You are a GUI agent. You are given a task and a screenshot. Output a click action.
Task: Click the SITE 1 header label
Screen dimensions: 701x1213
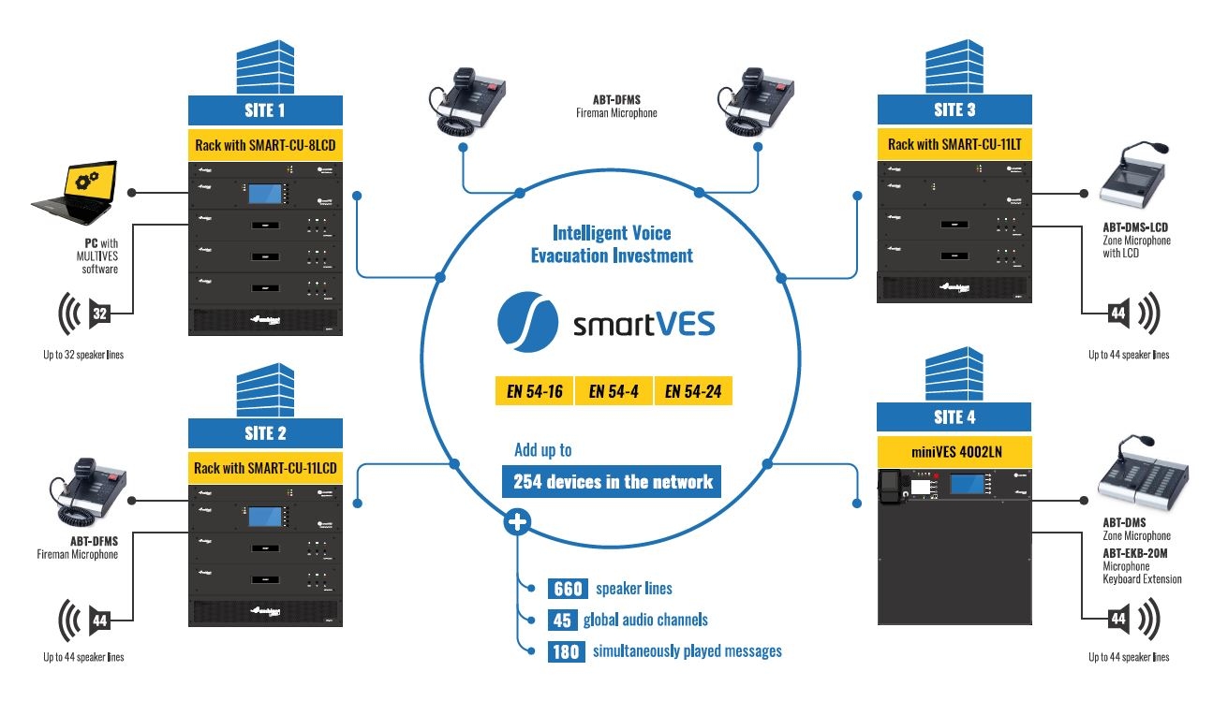point(265,111)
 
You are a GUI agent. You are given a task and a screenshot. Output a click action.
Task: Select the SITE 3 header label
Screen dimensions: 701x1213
point(954,110)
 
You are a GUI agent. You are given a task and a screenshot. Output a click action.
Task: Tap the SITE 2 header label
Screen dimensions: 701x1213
point(265,433)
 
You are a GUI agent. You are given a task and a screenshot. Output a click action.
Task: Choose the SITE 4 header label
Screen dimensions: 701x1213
point(954,417)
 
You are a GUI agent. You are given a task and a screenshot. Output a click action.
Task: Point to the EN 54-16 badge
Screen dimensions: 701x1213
point(534,391)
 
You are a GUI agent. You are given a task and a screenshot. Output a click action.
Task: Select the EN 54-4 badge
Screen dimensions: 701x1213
point(614,391)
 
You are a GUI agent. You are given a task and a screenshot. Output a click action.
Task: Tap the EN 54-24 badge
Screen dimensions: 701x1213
point(693,391)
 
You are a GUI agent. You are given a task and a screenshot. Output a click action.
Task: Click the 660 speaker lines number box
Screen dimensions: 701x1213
point(567,589)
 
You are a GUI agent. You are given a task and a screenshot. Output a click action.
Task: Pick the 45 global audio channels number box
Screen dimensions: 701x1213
point(562,620)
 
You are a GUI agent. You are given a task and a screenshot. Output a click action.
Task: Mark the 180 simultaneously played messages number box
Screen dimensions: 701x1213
point(566,651)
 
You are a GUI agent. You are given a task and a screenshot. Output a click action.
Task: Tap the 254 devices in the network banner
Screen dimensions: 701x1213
point(613,482)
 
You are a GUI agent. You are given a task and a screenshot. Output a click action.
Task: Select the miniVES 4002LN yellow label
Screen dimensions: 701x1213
point(954,450)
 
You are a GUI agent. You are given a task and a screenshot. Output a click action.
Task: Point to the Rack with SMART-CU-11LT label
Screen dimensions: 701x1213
point(954,145)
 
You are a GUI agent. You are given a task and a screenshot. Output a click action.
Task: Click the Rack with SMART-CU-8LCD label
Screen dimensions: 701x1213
point(265,145)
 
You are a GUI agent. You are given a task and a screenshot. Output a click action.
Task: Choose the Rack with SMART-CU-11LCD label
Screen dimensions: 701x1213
point(265,467)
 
